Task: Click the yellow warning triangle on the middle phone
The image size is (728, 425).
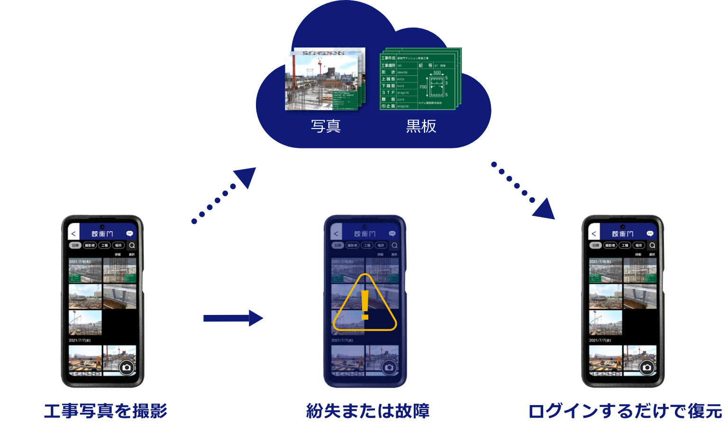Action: click(364, 304)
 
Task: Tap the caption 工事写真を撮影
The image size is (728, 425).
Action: click(106, 411)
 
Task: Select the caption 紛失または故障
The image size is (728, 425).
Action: click(368, 411)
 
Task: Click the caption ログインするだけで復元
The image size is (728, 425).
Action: click(625, 411)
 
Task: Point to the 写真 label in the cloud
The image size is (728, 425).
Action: click(326, 126)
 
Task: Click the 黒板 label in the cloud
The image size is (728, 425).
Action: click(421, 126)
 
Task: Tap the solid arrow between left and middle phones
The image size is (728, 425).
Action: click(233, 318)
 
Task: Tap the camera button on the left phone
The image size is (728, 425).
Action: click(127, 368)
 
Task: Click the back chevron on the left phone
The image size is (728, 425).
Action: click(73, 234)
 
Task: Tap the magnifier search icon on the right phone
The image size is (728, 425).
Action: click(652, 245)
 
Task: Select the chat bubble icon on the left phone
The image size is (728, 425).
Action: click(129, 233)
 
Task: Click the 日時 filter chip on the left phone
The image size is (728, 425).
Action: click(75, 245)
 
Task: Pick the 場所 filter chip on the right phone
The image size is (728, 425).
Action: click(638, 245)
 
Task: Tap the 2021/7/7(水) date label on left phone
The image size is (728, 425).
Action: click(80, 340)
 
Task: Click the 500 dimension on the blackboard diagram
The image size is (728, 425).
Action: click(437, 73)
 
